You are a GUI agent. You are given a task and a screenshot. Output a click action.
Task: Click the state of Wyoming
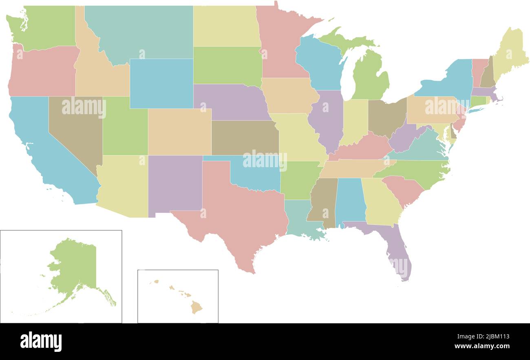point(161,84)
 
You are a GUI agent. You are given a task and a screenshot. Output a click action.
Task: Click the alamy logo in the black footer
point(41,341)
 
